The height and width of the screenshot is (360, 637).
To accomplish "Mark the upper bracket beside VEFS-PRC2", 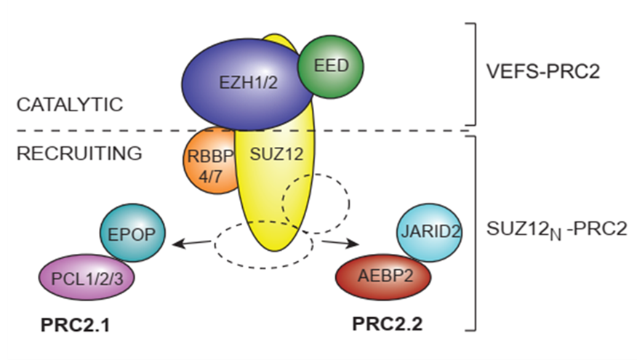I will click(x=473, y=73).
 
